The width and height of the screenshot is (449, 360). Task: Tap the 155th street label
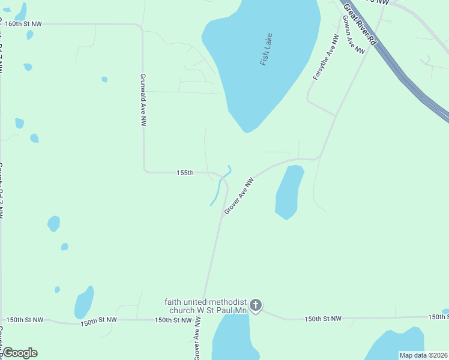coord(185,173)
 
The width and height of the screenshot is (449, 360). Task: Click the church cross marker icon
coord(256,306)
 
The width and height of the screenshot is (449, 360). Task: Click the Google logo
coord(20,353)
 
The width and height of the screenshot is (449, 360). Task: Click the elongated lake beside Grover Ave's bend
coord(289,191)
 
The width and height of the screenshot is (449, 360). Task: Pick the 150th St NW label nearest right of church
coord(322,319)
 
